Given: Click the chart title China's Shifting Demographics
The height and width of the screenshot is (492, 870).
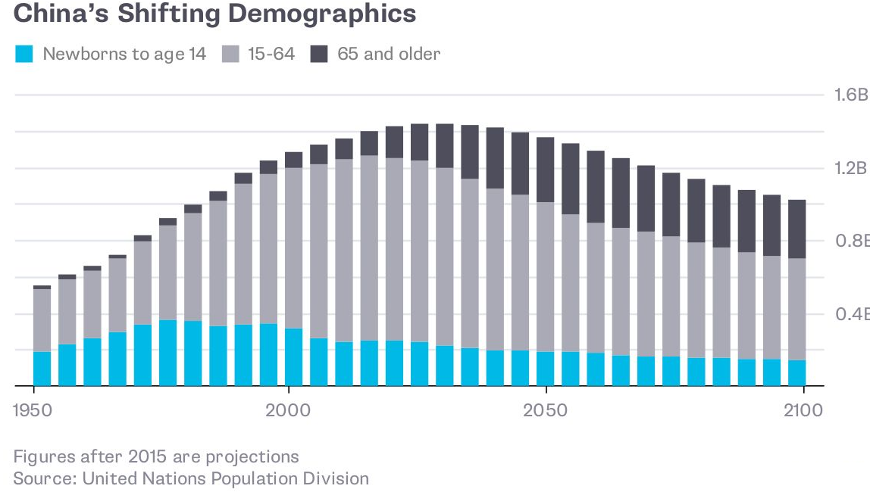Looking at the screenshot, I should pyautogui.click(x=214, y=14).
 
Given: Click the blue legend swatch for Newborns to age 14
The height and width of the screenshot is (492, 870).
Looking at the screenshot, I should pyautogui.click(x=24, y=54).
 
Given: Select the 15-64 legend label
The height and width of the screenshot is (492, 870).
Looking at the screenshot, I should pyautogui.click(x=270, y=54).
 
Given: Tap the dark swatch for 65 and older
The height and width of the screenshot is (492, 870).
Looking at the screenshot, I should pyautogui.click(x=319, y=54).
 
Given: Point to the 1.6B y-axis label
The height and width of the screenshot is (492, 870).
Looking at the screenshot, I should pyautogui.click(x=850, y=95).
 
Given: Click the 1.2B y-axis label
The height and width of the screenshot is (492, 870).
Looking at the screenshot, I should pyautogui.click(x=850, y=168).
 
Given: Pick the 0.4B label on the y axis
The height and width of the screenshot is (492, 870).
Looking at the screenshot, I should pyautogui.click(x=850, y=313).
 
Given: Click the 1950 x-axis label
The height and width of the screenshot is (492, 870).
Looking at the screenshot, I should pyautogui.click(x=34, y=410).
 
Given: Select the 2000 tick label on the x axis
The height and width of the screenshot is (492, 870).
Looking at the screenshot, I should pyautogui.click(x=289, y=410).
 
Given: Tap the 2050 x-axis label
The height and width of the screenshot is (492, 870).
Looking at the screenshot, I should pyautogui.click(x=545, y=410).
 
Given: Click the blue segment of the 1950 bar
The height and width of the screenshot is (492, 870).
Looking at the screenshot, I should pyautogui.click(x=42, y=369).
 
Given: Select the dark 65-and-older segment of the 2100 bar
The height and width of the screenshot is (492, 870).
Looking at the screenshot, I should pyautogui.click(x=797, y=229).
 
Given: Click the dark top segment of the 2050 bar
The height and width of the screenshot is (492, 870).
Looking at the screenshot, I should pyautogui.click(x=545, y=170).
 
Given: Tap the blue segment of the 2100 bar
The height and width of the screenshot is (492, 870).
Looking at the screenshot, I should pyautogui.click(x=797, y=373).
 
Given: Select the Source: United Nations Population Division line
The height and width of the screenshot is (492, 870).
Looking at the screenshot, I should pyautogui.click(x=191, y=478).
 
